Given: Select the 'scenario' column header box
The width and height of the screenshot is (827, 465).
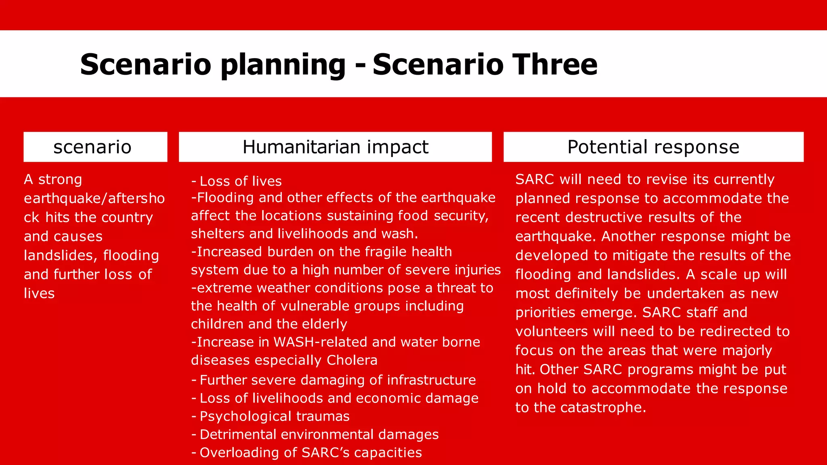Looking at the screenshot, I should point(95,147).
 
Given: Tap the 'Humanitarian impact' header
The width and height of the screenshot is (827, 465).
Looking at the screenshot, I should point(335,147).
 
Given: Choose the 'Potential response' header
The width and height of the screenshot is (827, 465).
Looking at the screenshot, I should point(653,147).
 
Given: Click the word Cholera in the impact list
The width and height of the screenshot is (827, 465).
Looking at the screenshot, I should point(352,360).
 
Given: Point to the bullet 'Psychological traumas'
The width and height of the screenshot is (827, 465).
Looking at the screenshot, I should point(274,416).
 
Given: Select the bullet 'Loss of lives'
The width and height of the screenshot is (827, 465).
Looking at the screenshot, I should point(240,181).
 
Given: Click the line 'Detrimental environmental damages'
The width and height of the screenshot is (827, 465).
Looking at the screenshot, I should point(319,434).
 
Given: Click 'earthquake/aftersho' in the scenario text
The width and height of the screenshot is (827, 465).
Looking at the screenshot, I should point(94,198).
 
